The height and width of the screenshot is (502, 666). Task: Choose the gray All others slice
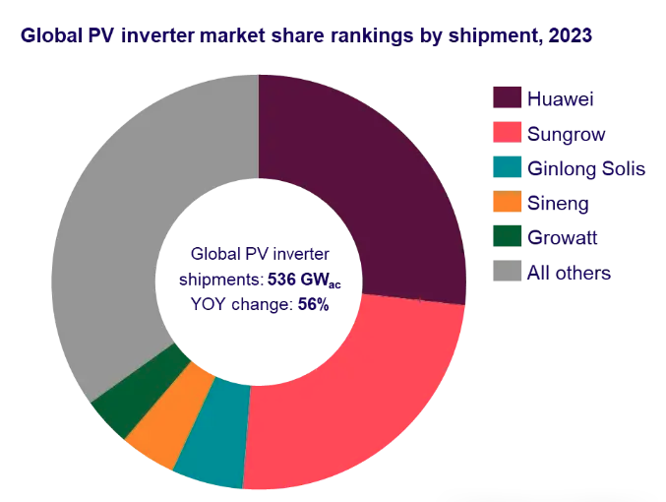click(128, 226)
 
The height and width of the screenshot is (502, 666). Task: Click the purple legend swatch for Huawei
click(506, 98)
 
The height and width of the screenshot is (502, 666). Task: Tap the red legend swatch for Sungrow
click(506, 133)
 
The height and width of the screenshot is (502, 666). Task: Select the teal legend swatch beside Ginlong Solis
click(506, 168)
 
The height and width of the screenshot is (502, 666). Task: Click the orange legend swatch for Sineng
click(506, 203)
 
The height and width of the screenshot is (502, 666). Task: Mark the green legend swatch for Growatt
click(506, 237)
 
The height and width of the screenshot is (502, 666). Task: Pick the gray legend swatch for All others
click(506, 273)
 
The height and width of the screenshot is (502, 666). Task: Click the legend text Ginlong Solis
click(586, 168)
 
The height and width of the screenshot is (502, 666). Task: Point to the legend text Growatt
click(562, 237)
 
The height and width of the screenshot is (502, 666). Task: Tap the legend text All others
click(569, 273)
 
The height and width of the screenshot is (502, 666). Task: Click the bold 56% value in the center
click(313, 305)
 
